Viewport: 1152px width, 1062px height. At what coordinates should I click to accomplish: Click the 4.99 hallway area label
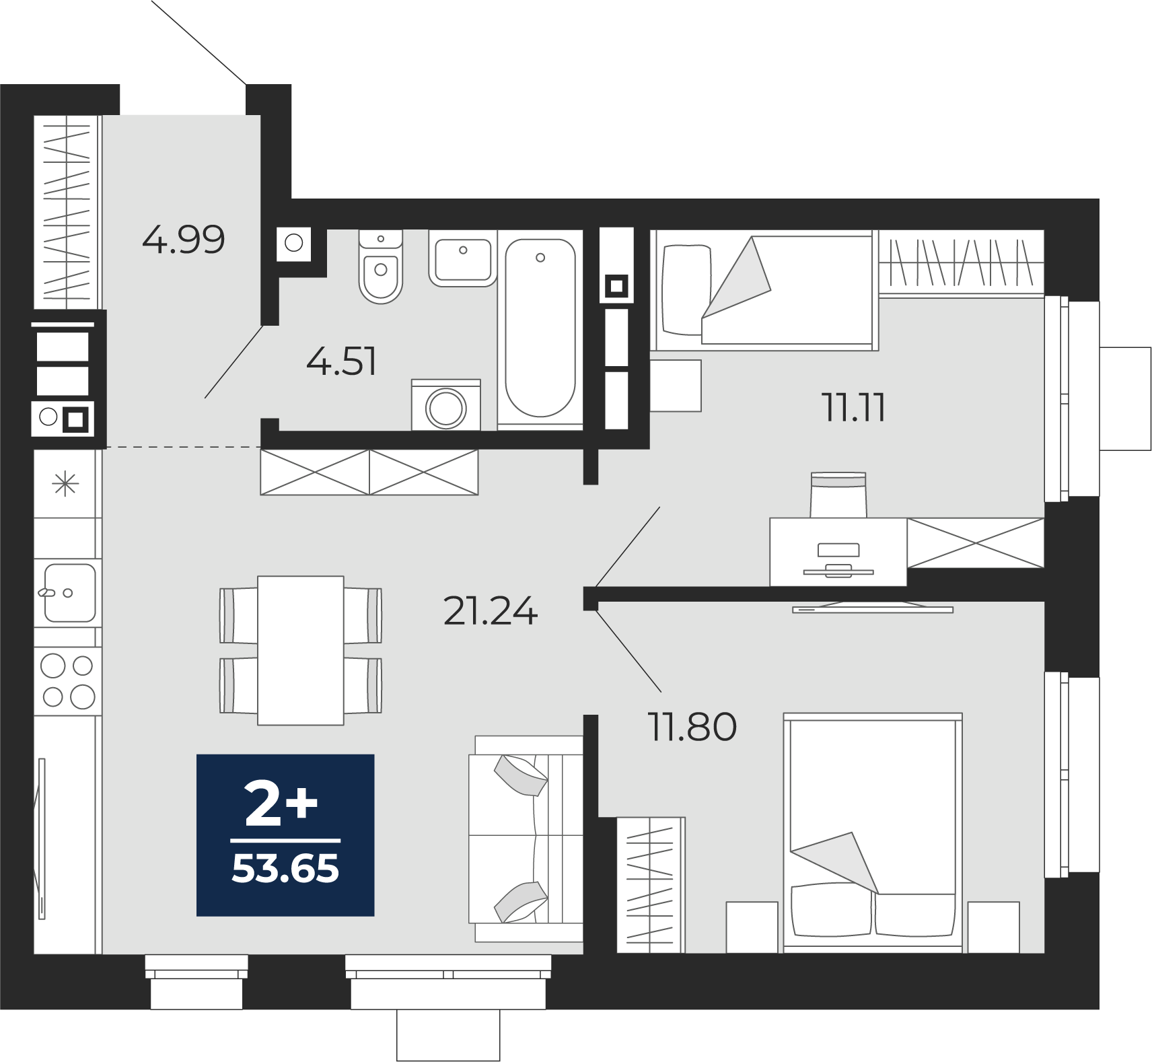point(183,240)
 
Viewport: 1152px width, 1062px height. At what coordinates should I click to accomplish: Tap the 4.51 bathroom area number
point(341,361)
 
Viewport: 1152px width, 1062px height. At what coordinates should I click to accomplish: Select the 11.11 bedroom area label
point(853,408)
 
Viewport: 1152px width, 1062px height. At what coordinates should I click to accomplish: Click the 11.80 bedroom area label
point(692,727)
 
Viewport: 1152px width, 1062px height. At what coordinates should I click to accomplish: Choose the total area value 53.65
point(285,869)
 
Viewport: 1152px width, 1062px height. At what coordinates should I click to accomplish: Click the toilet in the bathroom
point(381,267)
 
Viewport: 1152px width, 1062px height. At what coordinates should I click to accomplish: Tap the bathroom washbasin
point(463,258)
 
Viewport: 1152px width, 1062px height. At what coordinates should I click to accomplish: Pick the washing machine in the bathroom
point(446,405)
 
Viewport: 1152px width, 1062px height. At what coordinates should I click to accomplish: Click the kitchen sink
point(69,593)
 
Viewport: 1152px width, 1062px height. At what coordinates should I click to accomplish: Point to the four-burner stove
point(68,681)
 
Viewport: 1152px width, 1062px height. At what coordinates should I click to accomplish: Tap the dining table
point(301,650)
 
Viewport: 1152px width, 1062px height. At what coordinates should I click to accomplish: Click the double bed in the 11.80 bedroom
point(873,833)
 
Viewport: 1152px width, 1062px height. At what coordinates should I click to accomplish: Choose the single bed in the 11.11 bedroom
point(764,290)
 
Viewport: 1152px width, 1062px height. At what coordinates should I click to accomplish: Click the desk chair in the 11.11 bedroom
point(838,495)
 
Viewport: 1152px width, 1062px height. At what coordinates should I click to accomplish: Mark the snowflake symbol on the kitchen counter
point(65,484)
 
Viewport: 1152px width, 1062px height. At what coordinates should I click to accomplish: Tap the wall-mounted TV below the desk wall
point(873,608)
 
